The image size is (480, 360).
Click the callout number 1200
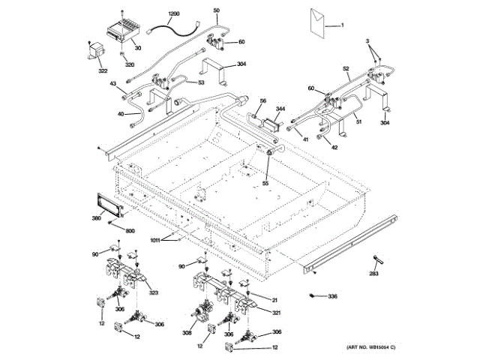tap(173, 14)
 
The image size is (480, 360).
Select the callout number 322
tap(103, 71)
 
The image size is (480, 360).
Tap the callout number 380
tap(96, 219)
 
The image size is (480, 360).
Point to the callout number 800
tap(130, 231)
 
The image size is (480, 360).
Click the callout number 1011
tap(155, 240)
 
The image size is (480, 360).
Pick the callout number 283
tap(373, 274)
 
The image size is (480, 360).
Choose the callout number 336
tap(332, 296)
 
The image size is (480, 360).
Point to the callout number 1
tap(345, 26)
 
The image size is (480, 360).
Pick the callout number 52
tap(346, 69)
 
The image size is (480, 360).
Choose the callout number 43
tap(114, 84)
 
